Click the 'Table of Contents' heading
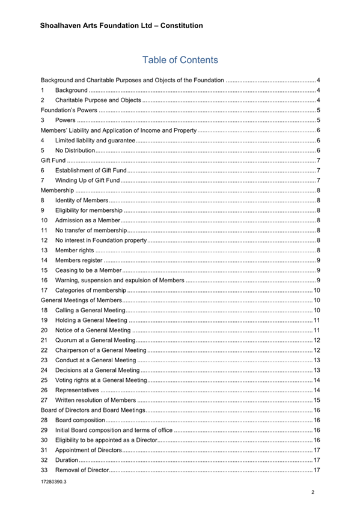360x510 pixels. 180,60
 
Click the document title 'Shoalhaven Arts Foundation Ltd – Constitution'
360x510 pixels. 121,26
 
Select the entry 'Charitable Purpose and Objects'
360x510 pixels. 98,100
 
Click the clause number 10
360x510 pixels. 44,220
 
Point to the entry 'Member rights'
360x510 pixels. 75,250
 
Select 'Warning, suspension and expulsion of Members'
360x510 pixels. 120,280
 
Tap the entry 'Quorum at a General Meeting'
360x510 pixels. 95,340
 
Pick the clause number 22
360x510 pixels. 44,350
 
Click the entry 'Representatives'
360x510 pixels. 76,390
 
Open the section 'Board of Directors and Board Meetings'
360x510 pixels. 93,410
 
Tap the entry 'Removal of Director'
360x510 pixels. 82,470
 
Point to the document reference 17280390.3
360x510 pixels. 53,482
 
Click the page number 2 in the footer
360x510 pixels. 313,493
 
